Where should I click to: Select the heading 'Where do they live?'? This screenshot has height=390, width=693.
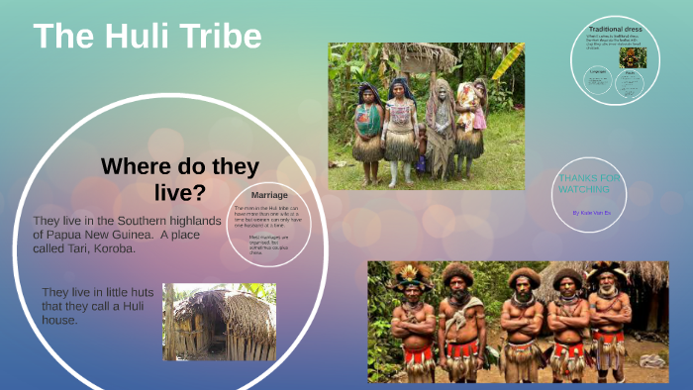180,178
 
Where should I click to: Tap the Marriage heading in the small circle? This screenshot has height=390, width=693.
269,194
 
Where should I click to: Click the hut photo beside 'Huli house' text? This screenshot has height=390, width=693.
219,322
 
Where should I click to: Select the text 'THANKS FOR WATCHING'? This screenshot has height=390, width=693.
590,183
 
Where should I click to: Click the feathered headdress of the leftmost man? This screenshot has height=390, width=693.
410,272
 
